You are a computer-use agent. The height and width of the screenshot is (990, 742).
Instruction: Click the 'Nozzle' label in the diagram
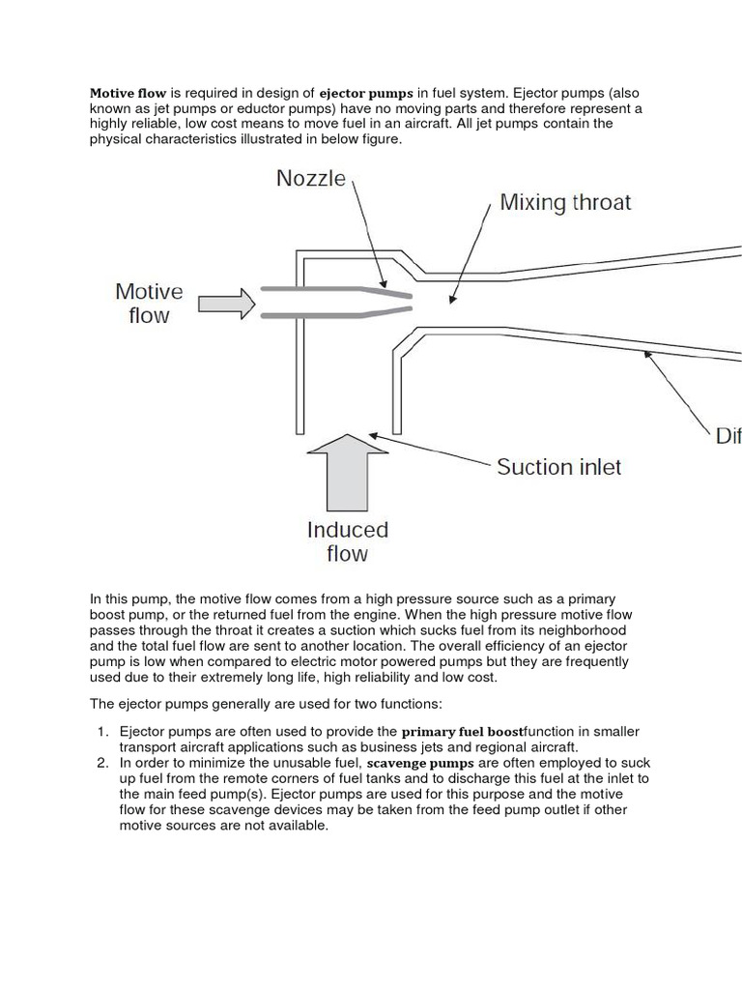pyautogui.click(x=310, y=179)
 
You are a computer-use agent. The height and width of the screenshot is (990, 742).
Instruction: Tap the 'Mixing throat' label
pyautogui.click(x=564, y=202)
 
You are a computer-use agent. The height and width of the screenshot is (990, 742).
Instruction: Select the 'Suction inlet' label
pyautogui.click(x=558, y=467)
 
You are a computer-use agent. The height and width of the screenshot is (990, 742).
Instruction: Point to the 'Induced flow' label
pyautogui.click(x=347, y=541)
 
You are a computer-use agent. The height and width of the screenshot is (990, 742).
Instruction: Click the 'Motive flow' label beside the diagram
pyautogui.click(x=149, y=303)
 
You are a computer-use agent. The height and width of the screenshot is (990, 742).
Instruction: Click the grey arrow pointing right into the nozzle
pyautogui.click(x=226, y=304)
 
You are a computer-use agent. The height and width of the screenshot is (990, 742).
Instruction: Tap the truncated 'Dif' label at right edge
pyautogui.click(x=728, y=436)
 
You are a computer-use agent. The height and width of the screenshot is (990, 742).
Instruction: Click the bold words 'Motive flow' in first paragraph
pyautogui.click(x=128, y=94)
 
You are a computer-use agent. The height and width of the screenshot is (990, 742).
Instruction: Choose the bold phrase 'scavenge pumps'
pyautogui.click(x=420, y=763)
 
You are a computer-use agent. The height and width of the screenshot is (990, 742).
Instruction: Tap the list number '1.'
pyautogui.click(x=102, y=732)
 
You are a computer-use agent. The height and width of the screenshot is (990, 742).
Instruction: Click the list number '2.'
pyautogui.click(x=102, y=763)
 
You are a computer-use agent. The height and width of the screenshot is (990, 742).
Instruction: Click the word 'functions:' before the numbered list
pyautogui.click(x=410, y=703)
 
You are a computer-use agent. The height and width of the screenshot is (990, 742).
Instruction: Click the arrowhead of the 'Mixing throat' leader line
pyautogui.click(x=450, y=301)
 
